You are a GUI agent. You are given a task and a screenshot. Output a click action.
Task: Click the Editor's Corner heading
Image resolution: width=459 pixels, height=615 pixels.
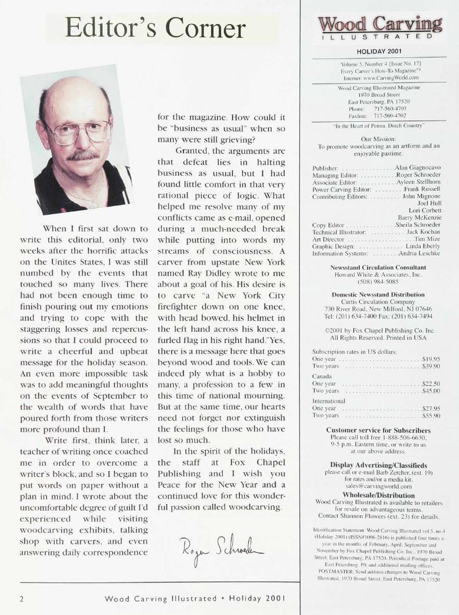(155, 28)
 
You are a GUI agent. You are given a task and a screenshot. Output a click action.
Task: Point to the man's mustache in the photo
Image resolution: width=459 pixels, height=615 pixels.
(83, 155)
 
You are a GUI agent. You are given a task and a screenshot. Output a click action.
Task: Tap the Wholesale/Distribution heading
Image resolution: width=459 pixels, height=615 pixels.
(380, 495)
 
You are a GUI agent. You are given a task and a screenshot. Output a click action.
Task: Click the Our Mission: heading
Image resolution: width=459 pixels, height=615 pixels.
(379, 140)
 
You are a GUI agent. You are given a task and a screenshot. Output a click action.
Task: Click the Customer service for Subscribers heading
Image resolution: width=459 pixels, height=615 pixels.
(380, 430)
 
